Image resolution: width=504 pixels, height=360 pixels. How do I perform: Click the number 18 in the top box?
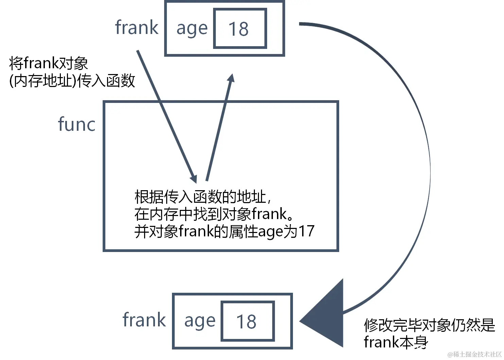coord(239,29)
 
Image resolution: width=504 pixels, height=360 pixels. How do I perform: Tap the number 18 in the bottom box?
coord(246,322)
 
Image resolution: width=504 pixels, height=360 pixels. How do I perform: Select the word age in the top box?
coord(192,29)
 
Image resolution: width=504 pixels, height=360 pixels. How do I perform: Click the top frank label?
coord(137,28)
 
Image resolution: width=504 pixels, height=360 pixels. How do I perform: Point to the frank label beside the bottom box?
coord(144,320)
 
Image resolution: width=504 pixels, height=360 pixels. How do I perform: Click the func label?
coord(76,124)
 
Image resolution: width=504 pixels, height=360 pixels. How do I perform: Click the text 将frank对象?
coord(48,64)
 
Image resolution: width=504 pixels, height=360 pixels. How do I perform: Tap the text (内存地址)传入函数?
coord(72,81)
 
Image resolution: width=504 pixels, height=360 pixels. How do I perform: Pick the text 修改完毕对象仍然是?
coord(429,325)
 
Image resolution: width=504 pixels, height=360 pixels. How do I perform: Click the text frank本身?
coord(396,342)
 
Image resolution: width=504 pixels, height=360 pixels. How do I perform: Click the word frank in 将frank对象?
coord(41,64)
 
